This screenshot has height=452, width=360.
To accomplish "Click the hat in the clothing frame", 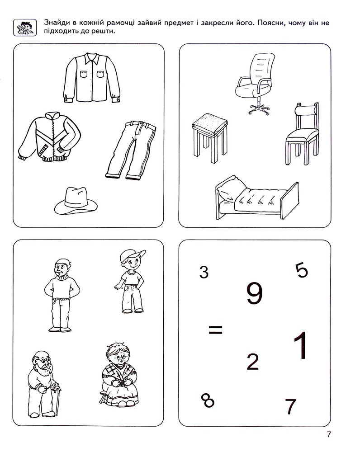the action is tap(76, 201).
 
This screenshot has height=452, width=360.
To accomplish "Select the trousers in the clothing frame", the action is tap(131, 150).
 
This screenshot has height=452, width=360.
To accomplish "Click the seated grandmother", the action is tap(118, 374).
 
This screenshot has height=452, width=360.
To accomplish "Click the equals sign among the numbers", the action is tap(215, 330).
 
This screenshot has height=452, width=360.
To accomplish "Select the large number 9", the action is tap(255, 293).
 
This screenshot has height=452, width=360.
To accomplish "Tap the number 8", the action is tap(208, 400).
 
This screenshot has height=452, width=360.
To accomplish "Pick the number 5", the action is tap(302, 271).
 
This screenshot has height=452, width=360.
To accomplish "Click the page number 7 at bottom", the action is tap(329, 434).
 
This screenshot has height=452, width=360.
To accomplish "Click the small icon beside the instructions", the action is tap(25, 28).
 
